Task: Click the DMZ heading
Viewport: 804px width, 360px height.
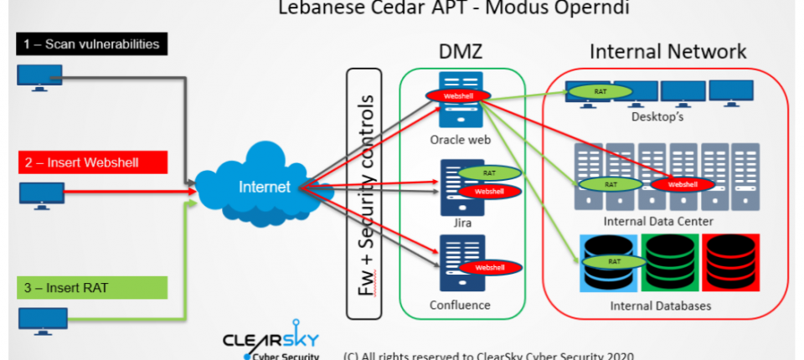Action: pos(461,52)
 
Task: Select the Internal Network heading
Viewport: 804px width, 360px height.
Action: pos(667,51)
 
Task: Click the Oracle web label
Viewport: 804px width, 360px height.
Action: pos(461,139)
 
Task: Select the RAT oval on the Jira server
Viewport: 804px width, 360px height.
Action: pos(490,173)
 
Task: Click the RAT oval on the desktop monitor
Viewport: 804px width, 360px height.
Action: pos(600,90)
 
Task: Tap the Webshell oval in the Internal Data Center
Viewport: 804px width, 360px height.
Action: pos(682,184)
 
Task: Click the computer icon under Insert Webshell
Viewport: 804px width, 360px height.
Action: pos(40,195)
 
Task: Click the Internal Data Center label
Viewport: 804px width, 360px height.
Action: pos(658,222)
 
